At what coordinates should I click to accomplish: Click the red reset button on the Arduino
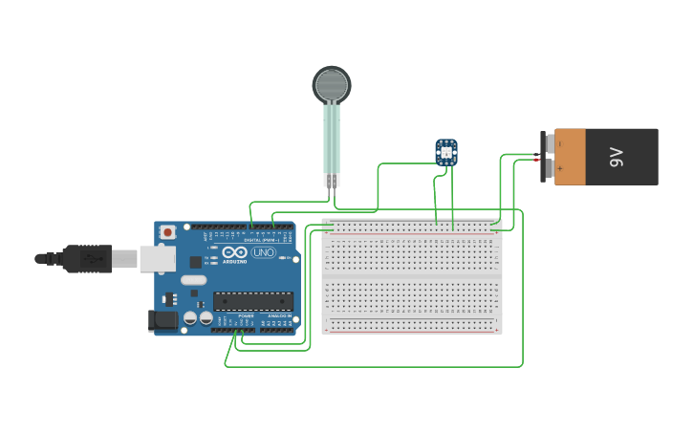pyautogui.click(x=168, y=231)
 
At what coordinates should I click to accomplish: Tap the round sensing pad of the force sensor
pyautogui.click(x=332, y=85)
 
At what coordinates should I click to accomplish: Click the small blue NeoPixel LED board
pyautogui.click(x=446, y=151)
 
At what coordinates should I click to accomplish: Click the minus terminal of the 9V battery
pyautogui.click(x=546, y=143)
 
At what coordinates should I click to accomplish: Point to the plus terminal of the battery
pyautogui.click(x=546, y=169)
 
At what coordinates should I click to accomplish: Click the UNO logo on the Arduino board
pyautogui.click(x=263, y=252)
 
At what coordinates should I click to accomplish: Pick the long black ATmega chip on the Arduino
pyautogui.click(x=252, y=301)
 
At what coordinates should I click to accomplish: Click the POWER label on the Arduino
pyautogui.click(x=246, y=314)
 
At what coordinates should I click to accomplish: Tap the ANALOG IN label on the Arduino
pyautogui.click(x=278, y=314)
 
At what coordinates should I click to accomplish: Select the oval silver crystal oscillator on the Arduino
pyautogui.click(x=192, y=280)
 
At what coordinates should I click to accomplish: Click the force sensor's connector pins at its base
pyautogui.click(x=331, y=180)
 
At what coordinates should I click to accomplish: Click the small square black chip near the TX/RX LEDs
pyautogui.click(x=196, y=261)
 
